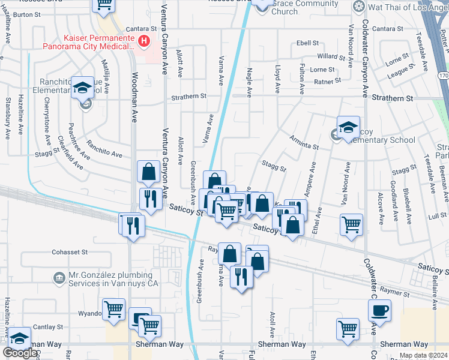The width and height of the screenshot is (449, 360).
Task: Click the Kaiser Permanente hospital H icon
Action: [x=143, y=41]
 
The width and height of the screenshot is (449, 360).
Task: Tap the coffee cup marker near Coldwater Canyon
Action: [x=379, y=311]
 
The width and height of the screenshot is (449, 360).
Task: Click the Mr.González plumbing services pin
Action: [x=59, y=278]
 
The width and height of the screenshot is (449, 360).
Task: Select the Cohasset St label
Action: [x=70, y=252]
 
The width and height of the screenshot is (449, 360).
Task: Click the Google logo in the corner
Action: [x=20, y=353]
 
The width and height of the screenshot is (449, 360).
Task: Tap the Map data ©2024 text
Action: [x=423, y=355]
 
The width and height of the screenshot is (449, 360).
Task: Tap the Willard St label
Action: [x=331, y=56]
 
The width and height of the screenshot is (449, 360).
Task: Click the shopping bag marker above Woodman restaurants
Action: [x=148, y=172]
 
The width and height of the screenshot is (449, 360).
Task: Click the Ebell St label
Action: [x=307, y=43]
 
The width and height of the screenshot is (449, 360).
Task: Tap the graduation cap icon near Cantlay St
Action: [x=19, y=338]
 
